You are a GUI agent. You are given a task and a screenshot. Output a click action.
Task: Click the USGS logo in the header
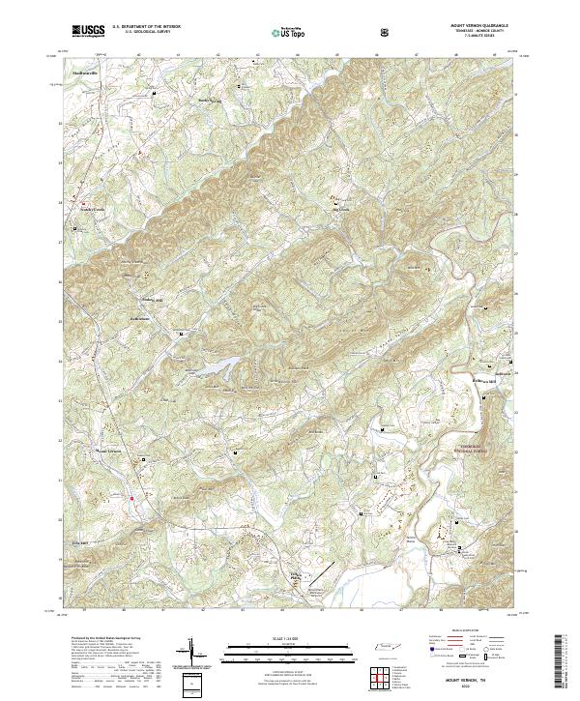(88, 32)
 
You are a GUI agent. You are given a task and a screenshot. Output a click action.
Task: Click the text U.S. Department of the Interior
(146, 28)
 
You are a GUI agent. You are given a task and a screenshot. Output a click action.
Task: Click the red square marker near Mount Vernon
(131, 499)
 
